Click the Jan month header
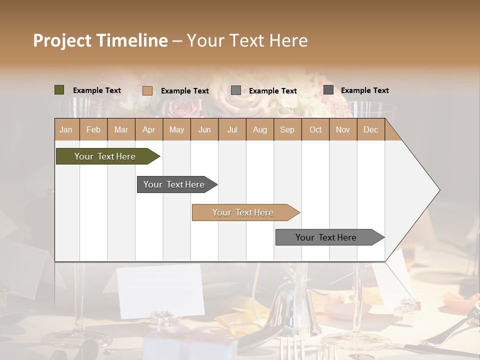[x=66, y=129]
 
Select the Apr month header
[x=148, y=129]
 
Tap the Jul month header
[x=232, y=129]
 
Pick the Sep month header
[x=287, y=129]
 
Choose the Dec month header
[x=370, y=129]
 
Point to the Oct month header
[x=315, y=129]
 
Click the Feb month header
[x=93, y=129]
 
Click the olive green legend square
[x=59, y=90]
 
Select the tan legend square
[x=147, y=90]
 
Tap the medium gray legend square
[x=236, y=90]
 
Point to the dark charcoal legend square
[x=328, y=90]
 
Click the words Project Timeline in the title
[x=100, y=40]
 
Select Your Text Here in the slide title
[x=247, y=40]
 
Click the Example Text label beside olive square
[x=96, y=90]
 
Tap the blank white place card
[x=159, y=290]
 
